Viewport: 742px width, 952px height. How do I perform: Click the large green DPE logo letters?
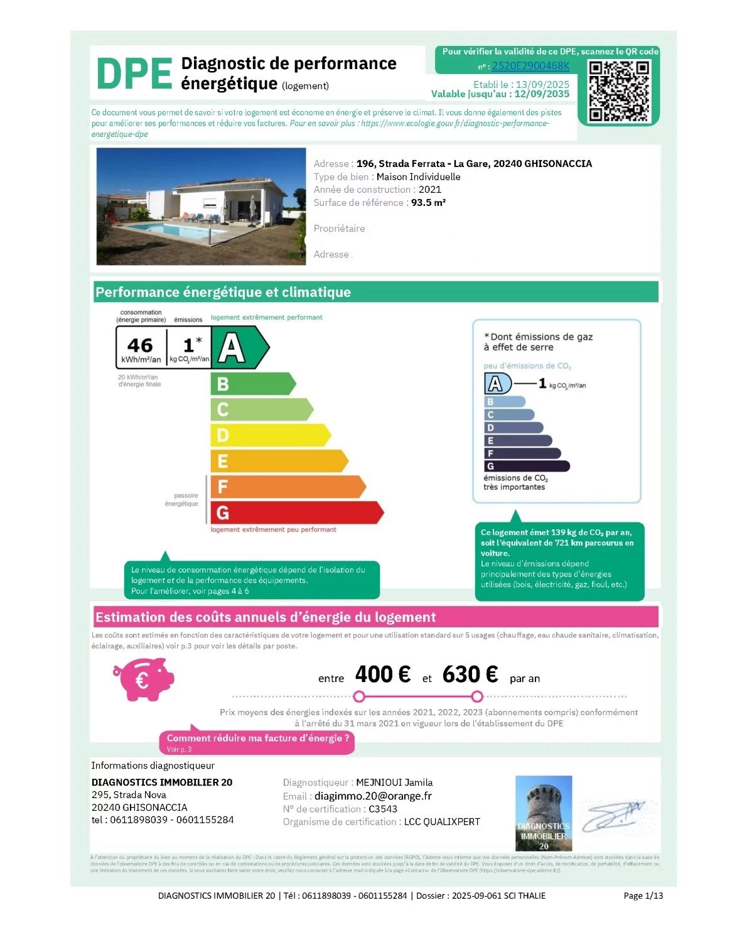[x=134, y=73]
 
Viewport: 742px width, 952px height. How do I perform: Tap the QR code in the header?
[x=618, y=91]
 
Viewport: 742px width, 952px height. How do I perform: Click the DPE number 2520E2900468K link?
[x=530, y=66]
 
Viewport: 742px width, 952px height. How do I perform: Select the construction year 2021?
[x=430, y=190]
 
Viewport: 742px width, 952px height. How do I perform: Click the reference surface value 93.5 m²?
[x=428, y=203]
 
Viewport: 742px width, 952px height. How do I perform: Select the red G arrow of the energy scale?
[x=295, y=512]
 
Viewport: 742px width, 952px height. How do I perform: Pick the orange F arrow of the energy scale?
[x=286, y=487]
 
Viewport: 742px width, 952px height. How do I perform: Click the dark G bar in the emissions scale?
[x=526, y=466]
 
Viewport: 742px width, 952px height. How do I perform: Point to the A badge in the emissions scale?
[x=497, y=384]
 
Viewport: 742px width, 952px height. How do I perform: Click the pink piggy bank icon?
[x=144, y=679]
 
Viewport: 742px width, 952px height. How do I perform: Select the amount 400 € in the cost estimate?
[x=382, y=674]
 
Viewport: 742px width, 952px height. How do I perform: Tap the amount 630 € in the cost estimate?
[x=470, y=674]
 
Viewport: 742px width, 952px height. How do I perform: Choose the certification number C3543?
[x=383, y=809]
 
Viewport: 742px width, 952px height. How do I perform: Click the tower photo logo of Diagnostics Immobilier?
[x=543, y=813]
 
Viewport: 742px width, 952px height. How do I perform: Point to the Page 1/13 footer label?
[x=643, y=895]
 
